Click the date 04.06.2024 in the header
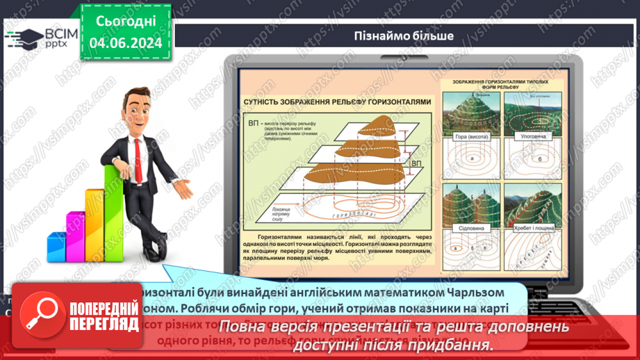coord(125,42)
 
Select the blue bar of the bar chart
coord(56,247)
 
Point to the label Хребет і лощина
coord(533,227)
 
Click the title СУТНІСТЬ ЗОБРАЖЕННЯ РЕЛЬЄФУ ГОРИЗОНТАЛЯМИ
coord(337,101)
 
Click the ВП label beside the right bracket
coord(416,164)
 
